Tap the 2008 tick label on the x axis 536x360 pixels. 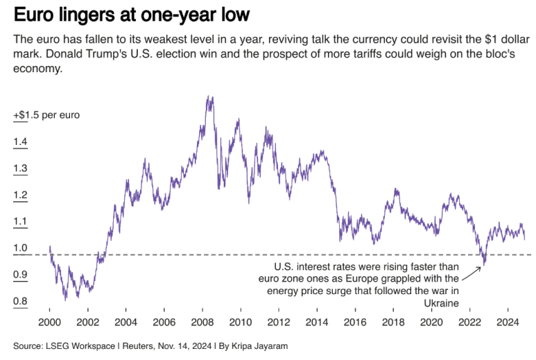(202, 323)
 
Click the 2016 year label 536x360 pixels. (354, 323)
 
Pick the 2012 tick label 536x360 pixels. (278, 323)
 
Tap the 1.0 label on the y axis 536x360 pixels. (19, 248)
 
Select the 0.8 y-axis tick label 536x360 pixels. (19, 301)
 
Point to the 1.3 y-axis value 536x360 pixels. (19, 168)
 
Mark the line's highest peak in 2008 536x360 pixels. (209, 96)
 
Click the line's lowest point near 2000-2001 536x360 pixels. (66, 299)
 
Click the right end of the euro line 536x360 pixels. (524, 239)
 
